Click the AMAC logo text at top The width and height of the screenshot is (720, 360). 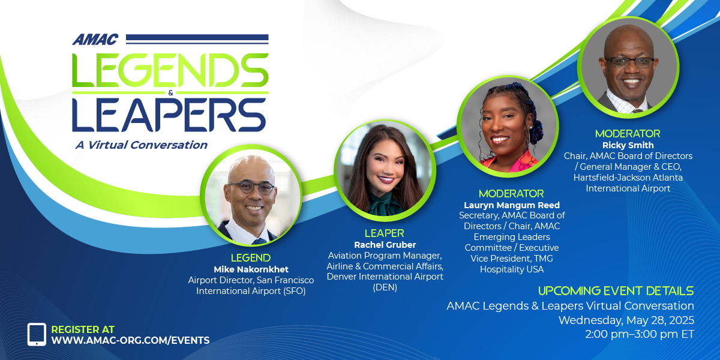95,40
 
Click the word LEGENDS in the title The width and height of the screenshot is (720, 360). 170,70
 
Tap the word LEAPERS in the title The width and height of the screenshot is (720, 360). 169,115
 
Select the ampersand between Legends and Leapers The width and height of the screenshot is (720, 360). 170,93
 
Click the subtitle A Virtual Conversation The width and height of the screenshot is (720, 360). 142,145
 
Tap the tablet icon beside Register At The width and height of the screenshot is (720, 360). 37,334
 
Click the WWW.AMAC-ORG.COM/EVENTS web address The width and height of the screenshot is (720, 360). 131,340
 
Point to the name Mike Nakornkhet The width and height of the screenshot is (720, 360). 251,269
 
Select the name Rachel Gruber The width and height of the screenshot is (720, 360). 385,245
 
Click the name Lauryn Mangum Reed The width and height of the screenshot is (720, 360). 512,205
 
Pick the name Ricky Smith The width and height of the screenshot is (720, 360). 628,145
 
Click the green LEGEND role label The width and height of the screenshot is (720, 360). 251,258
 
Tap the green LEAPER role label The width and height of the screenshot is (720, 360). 385,233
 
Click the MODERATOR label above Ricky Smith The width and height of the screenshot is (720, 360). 628,133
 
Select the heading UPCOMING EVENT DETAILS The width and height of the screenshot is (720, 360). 616,291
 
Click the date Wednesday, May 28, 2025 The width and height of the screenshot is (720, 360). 626,320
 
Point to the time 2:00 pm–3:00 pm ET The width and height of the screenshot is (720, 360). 640,334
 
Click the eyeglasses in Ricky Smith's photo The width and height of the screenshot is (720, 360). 629,62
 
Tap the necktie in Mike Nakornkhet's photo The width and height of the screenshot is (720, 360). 259,241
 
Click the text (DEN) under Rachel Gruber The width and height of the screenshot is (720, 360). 385,287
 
